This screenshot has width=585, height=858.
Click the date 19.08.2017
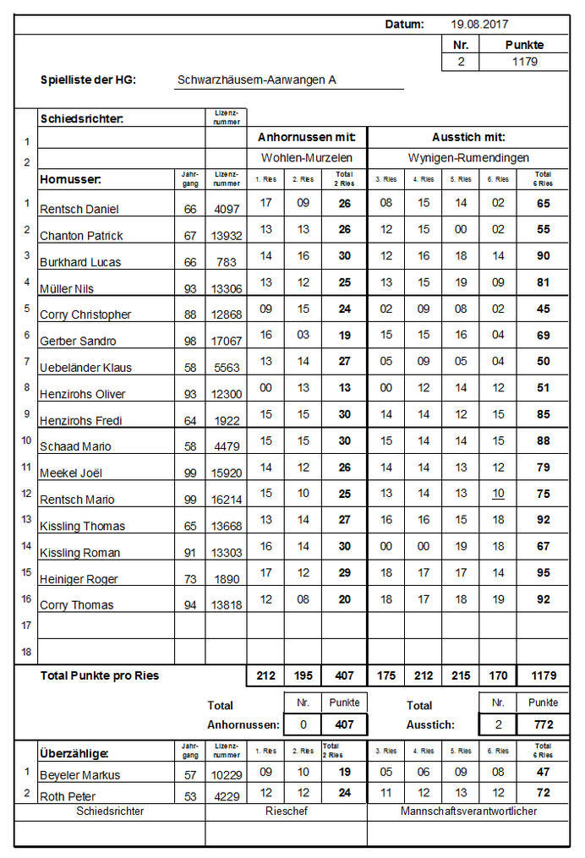click(479, 25)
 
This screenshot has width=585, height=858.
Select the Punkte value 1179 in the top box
click(524, 62)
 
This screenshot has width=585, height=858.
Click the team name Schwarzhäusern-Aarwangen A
click(257, 80)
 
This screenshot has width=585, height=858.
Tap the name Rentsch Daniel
click(79, 209)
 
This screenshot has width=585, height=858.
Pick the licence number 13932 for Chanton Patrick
click(227, 236)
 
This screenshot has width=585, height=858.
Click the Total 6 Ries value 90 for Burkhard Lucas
click(543, 256)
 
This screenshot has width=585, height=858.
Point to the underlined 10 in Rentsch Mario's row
click(499, 494)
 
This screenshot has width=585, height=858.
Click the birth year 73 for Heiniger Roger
click(190, 579)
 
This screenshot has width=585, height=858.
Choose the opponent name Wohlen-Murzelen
click(306, 157)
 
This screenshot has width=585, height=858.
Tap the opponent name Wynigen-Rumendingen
click(468, 157)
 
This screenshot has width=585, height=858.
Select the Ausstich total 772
click(543, 724)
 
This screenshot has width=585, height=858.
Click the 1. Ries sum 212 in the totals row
click(265, 676)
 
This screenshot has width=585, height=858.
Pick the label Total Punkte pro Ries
click(100, 676)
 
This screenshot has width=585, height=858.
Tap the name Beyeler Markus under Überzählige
click(79, 775)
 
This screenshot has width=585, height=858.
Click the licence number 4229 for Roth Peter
click(227, 796)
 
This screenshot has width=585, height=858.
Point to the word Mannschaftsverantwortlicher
click(468, 812)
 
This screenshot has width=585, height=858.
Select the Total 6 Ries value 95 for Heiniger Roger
click(543, 573)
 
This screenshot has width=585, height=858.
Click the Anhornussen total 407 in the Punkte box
click(344, 724)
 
